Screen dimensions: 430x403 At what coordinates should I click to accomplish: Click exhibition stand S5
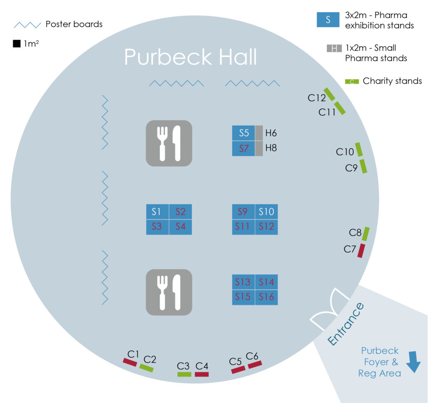[243, 133]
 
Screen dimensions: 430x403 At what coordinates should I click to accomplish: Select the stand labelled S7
[243, 148]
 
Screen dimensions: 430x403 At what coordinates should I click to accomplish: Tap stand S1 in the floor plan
[157, 211]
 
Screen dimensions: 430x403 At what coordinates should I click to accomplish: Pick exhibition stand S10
[266, 211]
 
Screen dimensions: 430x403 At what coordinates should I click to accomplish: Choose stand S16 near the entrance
[266, 297]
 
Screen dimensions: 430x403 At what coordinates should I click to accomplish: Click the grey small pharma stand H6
[259, 133]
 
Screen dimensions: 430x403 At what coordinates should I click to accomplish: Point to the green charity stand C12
[329, 94]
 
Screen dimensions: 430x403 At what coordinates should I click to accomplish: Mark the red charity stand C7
[361, 251]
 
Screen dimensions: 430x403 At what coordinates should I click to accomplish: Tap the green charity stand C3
[184, 374]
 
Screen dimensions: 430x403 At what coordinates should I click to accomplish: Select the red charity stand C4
[202, 374]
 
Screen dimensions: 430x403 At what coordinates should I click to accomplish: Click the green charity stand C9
[363, 166]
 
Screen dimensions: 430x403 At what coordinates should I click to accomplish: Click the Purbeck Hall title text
[191, 57]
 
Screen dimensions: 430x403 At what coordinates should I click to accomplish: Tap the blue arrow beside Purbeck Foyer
[413, 362]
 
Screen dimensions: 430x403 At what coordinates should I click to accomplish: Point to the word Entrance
[346, 324]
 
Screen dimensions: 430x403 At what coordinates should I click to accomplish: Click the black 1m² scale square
[17, 44]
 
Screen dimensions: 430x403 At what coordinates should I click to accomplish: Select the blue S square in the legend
[328, 19]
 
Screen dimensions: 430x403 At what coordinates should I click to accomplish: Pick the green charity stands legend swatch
[352, 81]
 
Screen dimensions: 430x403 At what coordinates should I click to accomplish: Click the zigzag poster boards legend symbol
[27, 25]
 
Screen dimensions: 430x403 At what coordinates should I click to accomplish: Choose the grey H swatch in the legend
[334, 48]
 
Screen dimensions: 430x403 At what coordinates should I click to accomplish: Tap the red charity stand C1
[130, 362]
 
